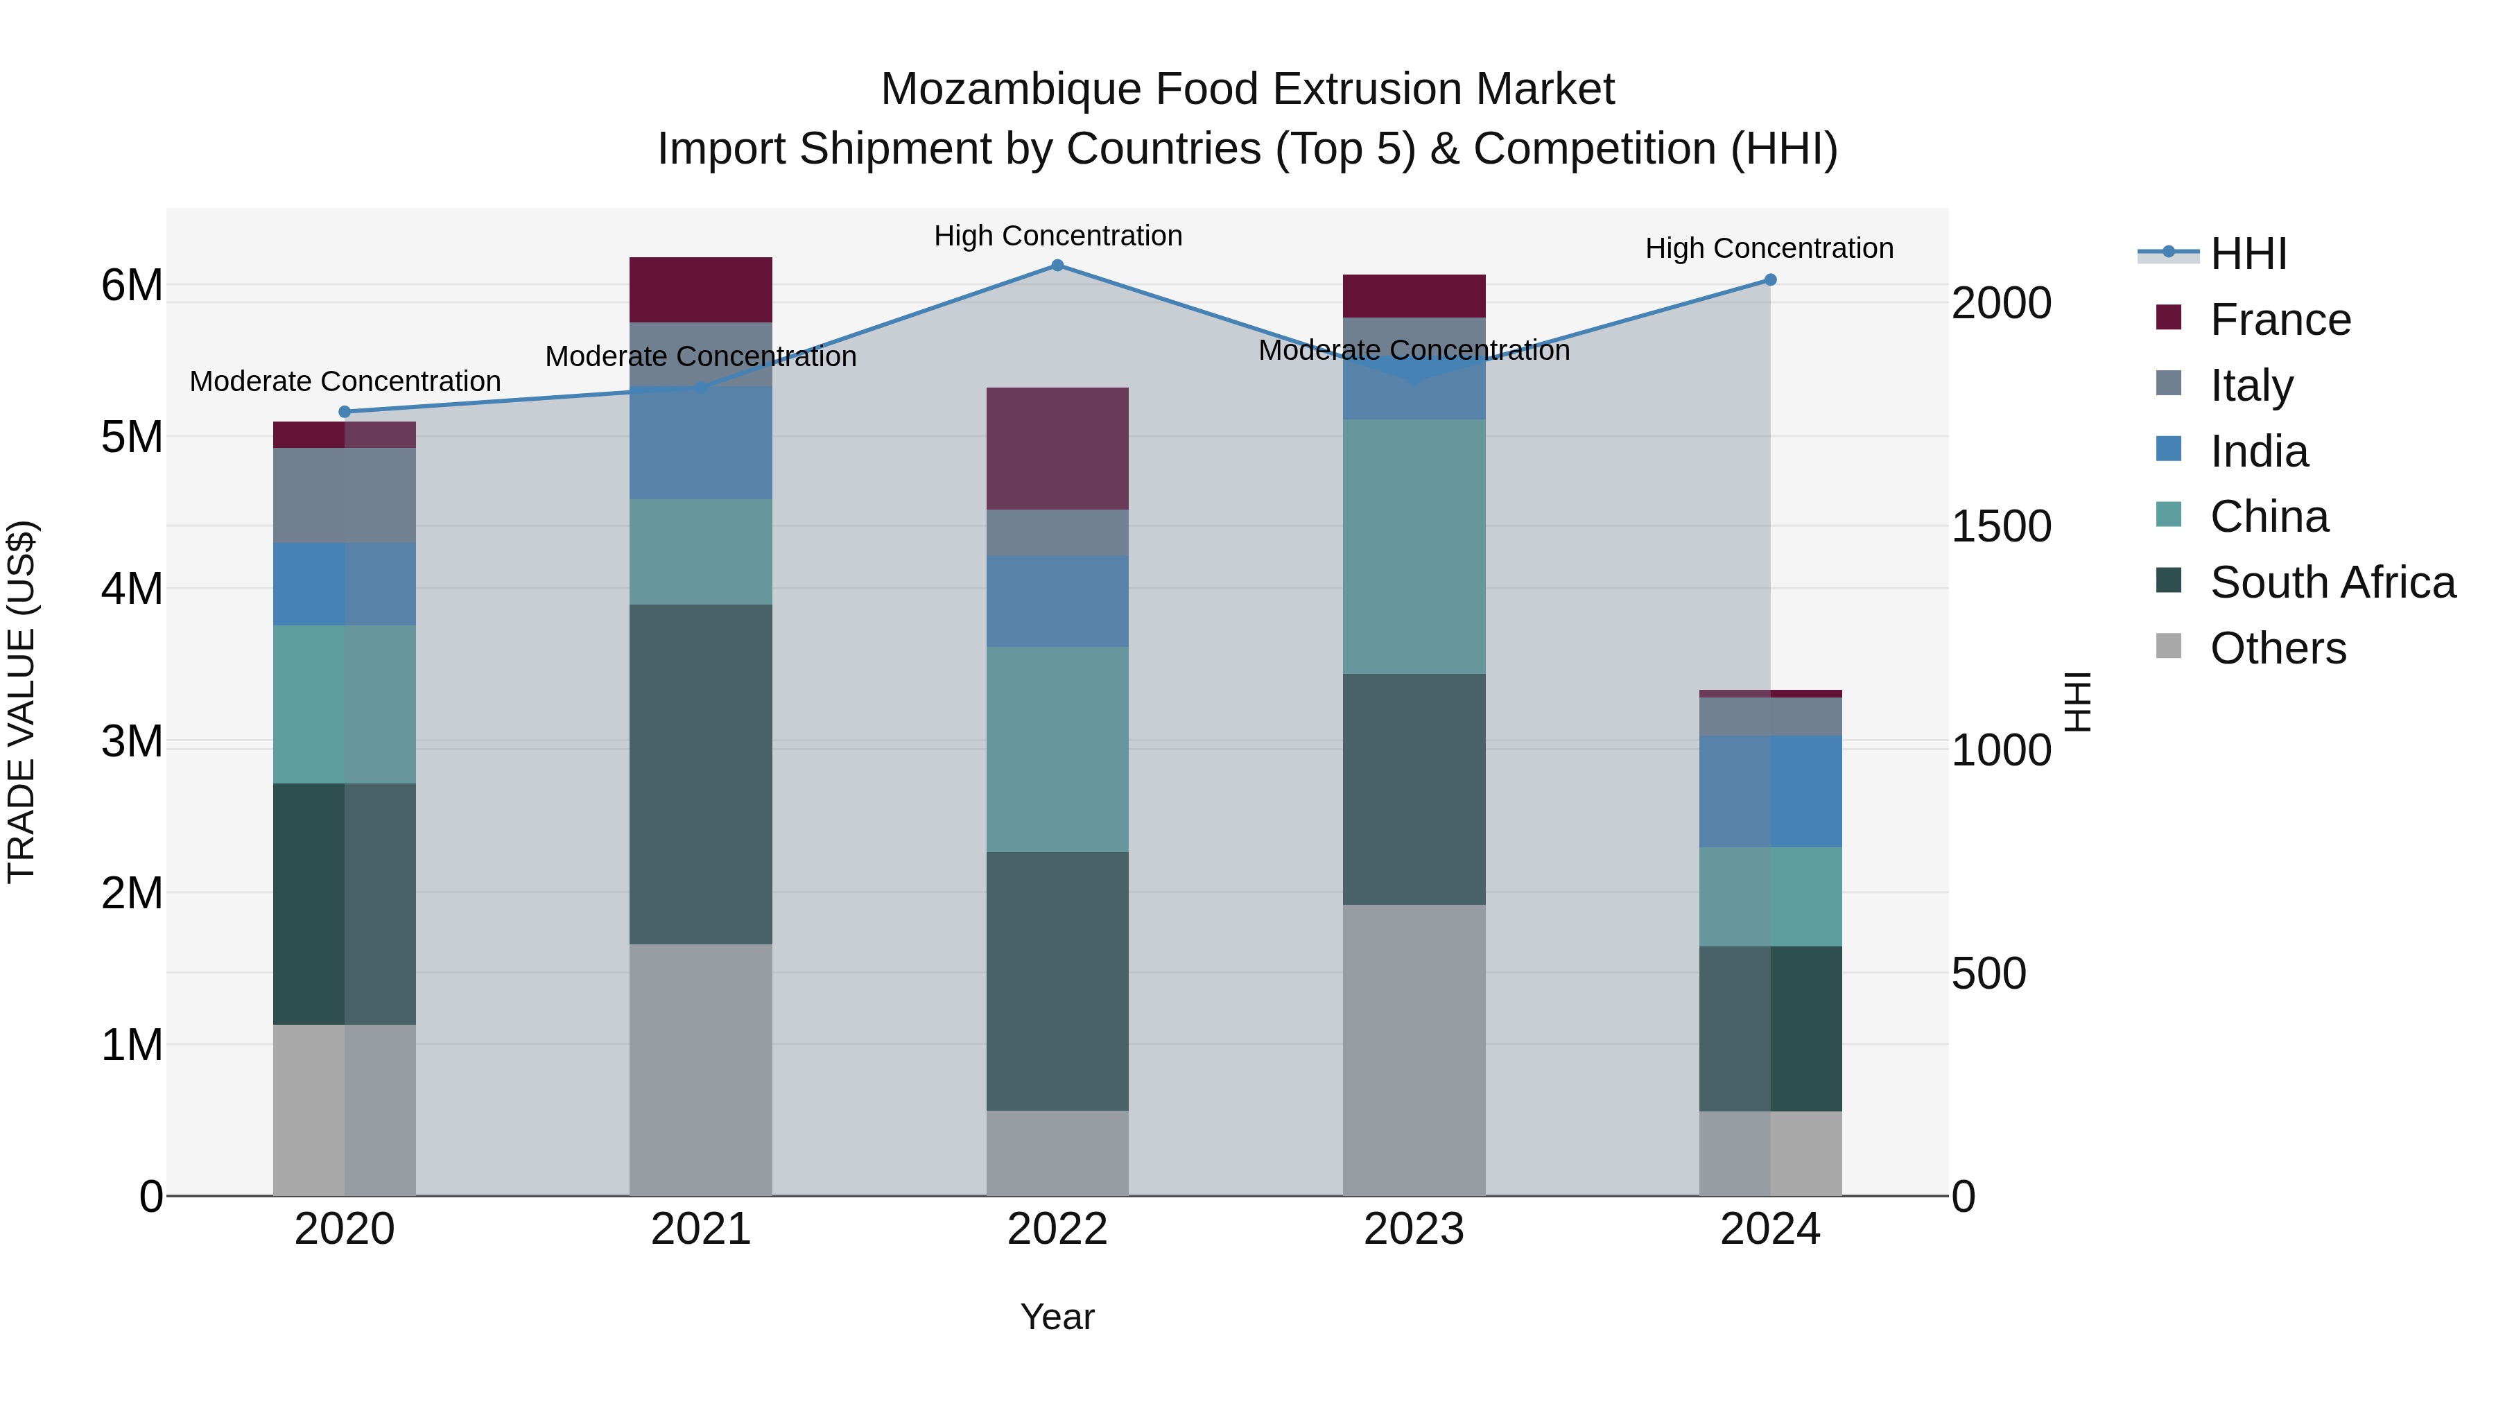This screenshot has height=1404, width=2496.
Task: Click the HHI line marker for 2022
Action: coord(1057,266)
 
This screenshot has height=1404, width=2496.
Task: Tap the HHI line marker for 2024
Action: coord(1770,280)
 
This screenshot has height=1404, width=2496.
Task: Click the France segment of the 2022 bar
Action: coord(1057,449)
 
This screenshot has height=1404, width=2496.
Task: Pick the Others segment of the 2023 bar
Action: coord(1414,1050)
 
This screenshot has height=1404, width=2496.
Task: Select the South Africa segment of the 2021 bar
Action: coord(700,774)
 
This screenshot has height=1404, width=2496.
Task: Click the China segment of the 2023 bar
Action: coord(1414,546)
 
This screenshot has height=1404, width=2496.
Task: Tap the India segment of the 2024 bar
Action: coord(1770,792)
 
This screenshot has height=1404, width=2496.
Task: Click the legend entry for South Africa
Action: coord(2332,582)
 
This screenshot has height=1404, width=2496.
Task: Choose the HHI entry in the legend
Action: coord(2248,254)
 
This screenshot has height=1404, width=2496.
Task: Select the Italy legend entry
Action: coord(2251,385)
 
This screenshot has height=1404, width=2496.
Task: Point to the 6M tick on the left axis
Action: coord(132,286)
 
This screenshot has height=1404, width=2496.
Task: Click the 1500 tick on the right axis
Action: coord(2001,526)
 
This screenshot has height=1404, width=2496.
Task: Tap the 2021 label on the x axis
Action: coord(700,1229)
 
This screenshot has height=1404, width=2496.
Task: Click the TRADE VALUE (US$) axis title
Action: coord(21,702)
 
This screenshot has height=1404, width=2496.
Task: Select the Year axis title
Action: coord(1057,1317)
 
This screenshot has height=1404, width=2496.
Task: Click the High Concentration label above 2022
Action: coord(1057,236)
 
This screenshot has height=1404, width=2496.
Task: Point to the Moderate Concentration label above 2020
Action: coord(345,382)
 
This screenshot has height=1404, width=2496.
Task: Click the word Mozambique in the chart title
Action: coord(1009,89)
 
